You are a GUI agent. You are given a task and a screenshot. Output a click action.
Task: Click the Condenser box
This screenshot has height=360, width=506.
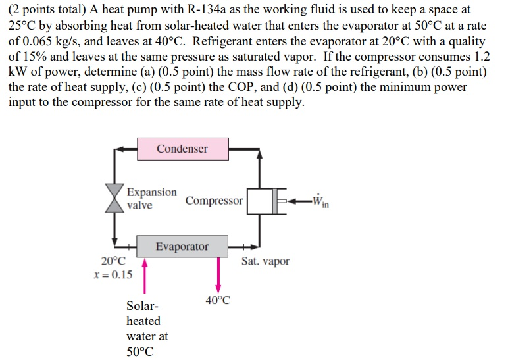pos(182,149)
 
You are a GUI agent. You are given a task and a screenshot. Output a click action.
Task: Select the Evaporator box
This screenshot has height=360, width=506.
pos(182,247)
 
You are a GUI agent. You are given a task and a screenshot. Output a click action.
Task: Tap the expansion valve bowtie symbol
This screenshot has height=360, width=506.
pos(115,198)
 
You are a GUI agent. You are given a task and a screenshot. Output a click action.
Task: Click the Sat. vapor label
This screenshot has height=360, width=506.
pos(265,261)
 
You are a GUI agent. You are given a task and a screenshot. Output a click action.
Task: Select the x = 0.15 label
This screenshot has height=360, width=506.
pos(113,274)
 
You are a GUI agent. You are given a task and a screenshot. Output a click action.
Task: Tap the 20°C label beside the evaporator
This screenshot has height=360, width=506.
pos(113,261)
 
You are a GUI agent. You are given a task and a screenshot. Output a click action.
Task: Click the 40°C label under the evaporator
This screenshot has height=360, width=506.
pos(218,301)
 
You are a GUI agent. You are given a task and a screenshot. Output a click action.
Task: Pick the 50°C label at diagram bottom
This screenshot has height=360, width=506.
pos(139,351)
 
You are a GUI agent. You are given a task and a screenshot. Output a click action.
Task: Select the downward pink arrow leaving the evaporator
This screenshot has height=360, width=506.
pos(218,273)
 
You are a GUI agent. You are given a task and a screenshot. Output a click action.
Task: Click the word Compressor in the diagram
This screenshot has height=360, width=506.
pos(214,200)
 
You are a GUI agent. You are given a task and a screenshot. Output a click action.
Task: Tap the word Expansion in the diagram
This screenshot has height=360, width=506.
pos(151,193)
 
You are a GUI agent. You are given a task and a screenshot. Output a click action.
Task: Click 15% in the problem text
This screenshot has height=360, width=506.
pos(34,56)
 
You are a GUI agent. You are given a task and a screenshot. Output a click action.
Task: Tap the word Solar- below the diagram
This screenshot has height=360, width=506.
pos(142,307)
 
